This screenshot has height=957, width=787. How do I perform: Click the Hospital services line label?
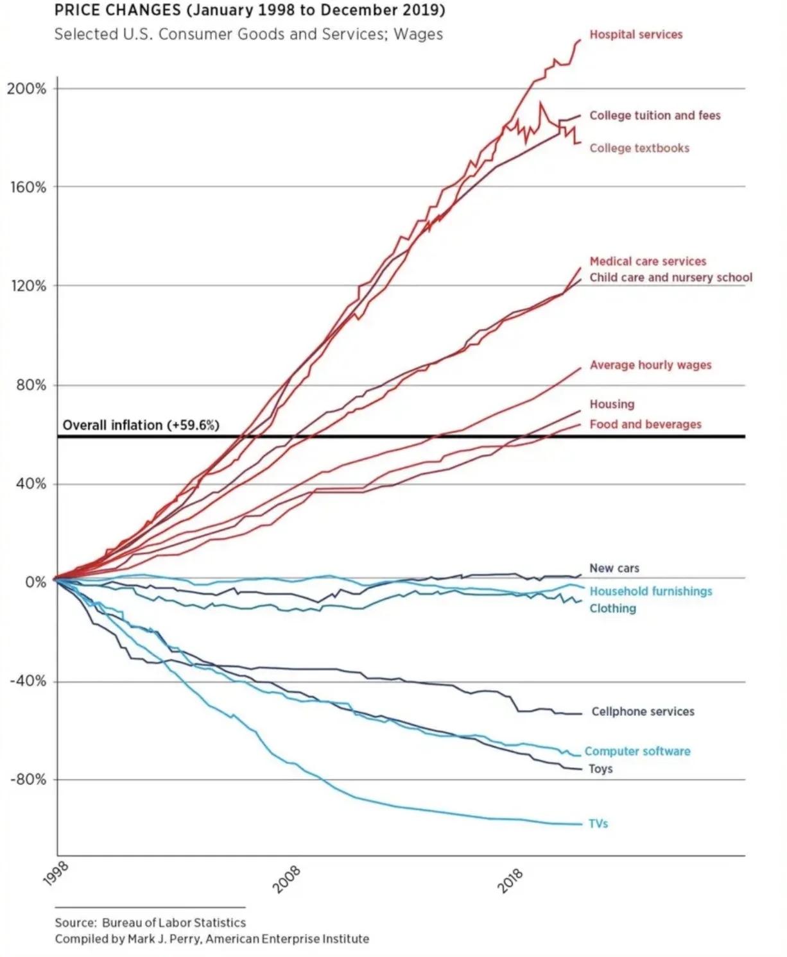coord(636,35)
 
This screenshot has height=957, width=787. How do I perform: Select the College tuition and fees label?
coord(655,115)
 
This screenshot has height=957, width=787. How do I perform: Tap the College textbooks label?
coord(639,148)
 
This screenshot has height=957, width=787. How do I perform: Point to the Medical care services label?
coord(648,262)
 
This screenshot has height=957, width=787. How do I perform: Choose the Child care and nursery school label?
coord(671,278)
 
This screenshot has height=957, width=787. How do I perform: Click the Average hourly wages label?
coord(650,365)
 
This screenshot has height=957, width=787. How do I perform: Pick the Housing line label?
coord(612,404)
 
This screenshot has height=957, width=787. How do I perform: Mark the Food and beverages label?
coord(645,424)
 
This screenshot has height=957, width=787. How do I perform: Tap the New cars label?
coord(614,568)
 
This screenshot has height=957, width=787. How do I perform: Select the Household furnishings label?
coord(651,591)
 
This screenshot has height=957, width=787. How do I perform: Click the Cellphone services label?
coord(643,711)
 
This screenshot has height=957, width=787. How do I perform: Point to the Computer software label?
coord(637,751)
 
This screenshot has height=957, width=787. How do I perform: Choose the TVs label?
coord(598,824)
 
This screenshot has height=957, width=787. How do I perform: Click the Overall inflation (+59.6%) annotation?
coord(141,425)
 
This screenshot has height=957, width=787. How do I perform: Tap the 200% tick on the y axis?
coord(27,89)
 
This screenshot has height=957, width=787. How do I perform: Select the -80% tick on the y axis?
coord(28,780)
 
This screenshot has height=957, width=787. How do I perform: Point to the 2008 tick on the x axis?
coord(286,879)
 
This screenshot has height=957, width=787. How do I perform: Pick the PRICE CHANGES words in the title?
coord(117,10)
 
